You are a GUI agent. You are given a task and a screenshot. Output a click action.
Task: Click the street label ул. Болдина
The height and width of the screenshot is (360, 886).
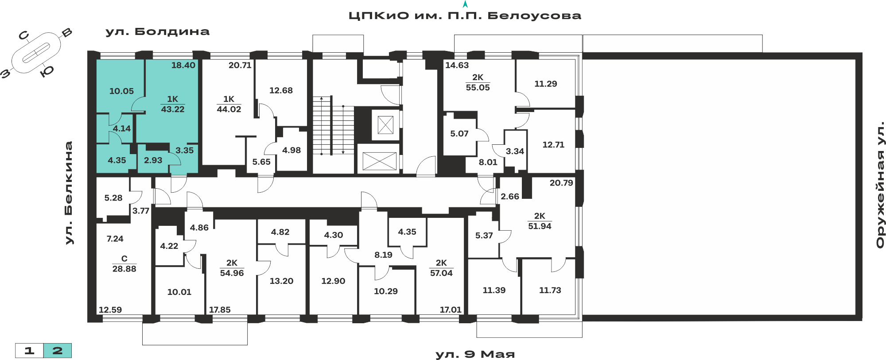(x=157, y=32)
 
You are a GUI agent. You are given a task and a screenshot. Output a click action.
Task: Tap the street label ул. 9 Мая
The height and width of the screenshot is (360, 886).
(x=475, y=354)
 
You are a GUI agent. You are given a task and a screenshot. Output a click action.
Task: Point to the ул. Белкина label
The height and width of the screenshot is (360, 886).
(x=69, y=193)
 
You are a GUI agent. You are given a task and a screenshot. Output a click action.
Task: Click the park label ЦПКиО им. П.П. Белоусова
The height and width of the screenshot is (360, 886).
(x=465, y=16)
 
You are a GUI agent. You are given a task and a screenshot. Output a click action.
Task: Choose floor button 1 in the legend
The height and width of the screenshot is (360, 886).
(x=29, y=351)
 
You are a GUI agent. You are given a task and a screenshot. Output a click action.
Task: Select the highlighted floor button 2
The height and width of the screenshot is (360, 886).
(x=58, y=351)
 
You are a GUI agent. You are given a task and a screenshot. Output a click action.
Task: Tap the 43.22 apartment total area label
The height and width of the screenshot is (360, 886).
(x=173, y=109)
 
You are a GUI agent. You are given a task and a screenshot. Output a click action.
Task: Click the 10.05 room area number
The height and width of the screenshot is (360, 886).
(x=121, y=91)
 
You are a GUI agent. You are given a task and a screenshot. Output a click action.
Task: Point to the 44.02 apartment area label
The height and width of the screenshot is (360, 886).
(x=229, y=109)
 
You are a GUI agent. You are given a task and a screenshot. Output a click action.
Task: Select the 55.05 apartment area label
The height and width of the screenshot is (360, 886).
(x=478, y=88)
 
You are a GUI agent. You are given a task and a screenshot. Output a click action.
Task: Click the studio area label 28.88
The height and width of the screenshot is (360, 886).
(x=124, y=269)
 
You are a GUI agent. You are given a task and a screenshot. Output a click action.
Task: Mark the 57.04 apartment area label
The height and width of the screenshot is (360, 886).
(x=441, y=273)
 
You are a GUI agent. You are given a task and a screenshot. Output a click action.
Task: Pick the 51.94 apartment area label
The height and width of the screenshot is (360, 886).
(x=540, y=226)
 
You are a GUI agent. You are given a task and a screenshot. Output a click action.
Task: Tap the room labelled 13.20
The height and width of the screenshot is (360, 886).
(x=281, y=281)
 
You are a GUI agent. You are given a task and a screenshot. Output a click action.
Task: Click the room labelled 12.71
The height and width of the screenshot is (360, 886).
(x=553, y=145)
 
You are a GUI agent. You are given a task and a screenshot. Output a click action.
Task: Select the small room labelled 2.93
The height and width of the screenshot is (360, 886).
(x=153, y=160)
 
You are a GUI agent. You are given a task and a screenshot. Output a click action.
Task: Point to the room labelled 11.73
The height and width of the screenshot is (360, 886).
(x=550, y=290)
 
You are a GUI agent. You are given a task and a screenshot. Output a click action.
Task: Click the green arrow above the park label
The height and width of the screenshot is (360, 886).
(x=465, y=4)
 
